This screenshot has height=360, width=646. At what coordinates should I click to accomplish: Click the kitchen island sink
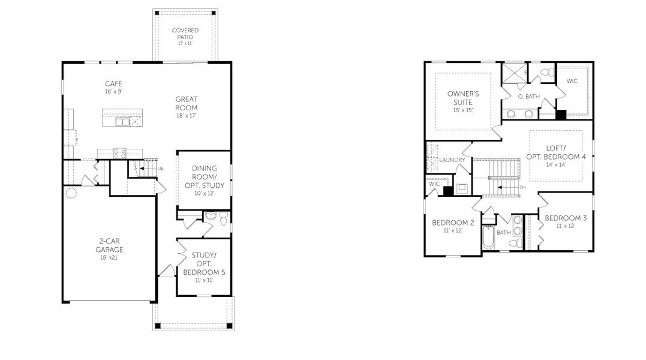click(x=122, y=122)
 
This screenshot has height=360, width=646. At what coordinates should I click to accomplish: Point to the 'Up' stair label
click(x=160, y=169)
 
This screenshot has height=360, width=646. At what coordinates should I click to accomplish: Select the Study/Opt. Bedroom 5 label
click(x=203, y=267)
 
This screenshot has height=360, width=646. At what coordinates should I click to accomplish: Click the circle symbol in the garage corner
click(x=71, y=193)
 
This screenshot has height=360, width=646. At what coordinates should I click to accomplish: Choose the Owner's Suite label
click(x=463, y=101)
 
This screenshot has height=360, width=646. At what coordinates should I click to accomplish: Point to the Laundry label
click(x=452, y=160)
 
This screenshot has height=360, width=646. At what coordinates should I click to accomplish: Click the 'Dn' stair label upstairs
click(x=522, y=188)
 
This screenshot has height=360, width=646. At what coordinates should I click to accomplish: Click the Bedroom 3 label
click(x=566, y=221)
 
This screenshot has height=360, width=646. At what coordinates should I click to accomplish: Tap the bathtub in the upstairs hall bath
click(x=488, y=239)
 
